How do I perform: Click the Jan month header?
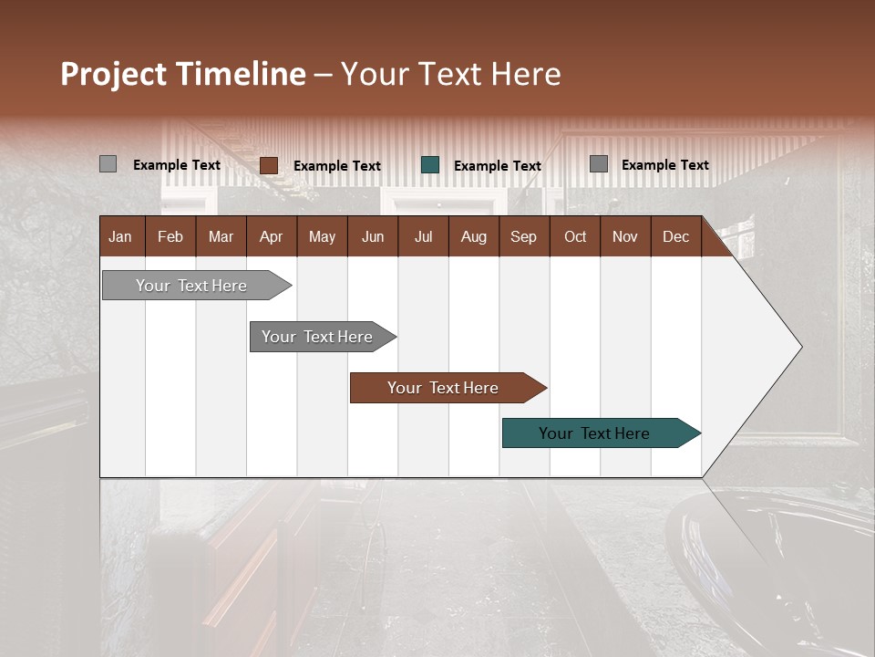coord(120,237)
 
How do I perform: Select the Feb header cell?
coord(170,237)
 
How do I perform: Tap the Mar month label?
coord(221,237)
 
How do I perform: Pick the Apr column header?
coord(272,237)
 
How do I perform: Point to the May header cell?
coord(322,237)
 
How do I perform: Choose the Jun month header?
coord(373,237)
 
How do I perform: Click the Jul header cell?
coord(423,237)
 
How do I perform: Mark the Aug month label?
coord(474,237)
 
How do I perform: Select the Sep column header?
coord(524,237)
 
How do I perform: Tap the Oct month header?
coord(575,237)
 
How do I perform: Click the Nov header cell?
coord(625,237)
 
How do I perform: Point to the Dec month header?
coord(676,237)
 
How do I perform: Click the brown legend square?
coord(268,165)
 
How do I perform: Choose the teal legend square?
coord(430,165)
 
